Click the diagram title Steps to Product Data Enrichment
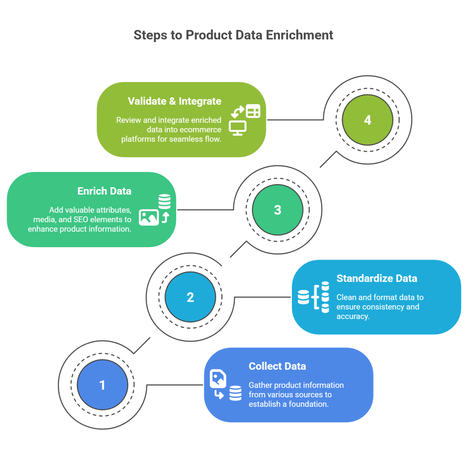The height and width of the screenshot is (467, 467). [x=233, y=35]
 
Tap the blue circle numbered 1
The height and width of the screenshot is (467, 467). [x=102, y=385]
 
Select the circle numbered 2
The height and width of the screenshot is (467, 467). [x=190, y=297]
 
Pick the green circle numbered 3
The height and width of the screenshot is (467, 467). [x=277, y=210]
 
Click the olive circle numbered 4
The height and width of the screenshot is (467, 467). [x=367, y=120]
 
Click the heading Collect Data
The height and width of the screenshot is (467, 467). [x=277, y=366]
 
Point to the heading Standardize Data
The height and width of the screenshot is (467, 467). [x=376, y=279]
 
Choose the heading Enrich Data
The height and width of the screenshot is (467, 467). [x=104, y=191]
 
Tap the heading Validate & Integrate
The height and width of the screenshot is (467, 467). [x=174, y=101]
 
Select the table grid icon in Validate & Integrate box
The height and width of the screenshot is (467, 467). [x=253, y=111]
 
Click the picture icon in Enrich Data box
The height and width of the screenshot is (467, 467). [x=149, y=218]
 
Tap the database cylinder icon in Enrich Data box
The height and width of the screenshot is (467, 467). [x=164, y=202]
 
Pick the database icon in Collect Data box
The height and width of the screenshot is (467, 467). [x=235, y=393]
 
